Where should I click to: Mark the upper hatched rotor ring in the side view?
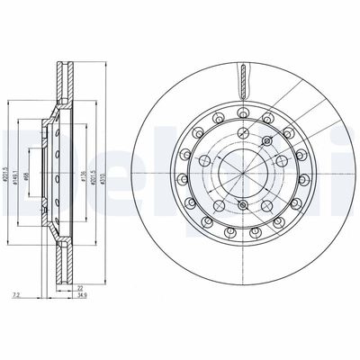point(63,85)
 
